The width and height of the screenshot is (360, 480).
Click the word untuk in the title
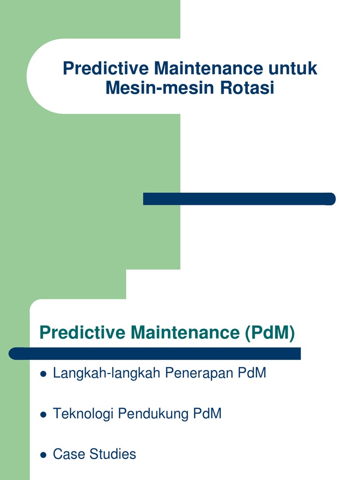[x=293, y=69]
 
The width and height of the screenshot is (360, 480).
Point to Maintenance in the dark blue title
[x=209, y=69]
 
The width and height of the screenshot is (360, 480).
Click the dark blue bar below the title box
[x=239, y=199]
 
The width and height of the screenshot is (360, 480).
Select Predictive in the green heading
[x=82, y=333]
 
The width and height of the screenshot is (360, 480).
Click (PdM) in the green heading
[x=270, y=333]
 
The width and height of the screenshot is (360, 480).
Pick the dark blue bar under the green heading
[x=155, y=353]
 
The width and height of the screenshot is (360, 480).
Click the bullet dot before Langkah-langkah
[x=44, y=374]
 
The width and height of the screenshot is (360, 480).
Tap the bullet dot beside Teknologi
[x=44, y=415]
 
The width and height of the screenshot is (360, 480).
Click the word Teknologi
[x=83, y=414]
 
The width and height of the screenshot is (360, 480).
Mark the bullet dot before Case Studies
[x=44, y=455]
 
